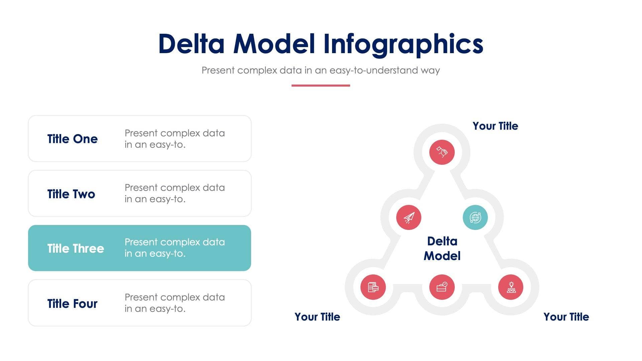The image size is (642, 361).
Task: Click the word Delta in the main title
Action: point(191,44)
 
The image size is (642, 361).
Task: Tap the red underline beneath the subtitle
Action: point(321,86)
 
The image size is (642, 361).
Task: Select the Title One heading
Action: point(73,139)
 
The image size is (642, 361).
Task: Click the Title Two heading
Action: point(71,194)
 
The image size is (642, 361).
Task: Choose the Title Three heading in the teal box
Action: point(76,249)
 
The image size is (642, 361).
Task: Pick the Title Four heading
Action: point(73,304)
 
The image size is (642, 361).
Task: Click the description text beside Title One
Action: point(175,139)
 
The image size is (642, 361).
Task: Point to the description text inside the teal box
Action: point(175,248)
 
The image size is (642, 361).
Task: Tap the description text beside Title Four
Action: point(175,303)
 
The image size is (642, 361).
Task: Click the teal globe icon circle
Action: point(475,218)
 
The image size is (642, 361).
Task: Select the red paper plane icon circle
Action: point(409,218)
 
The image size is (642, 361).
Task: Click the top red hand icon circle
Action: point(442,152)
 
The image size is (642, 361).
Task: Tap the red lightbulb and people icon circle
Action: point(511,287)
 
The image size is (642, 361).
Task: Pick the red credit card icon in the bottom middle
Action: point(442,287)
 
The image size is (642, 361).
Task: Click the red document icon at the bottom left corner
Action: point(373,287)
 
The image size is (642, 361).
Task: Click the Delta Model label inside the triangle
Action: point(442,249)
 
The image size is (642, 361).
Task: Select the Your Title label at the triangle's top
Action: point(495,126)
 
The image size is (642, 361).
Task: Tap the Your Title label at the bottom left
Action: point(317,317)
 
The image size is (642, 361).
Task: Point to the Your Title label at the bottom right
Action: point(566,317)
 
